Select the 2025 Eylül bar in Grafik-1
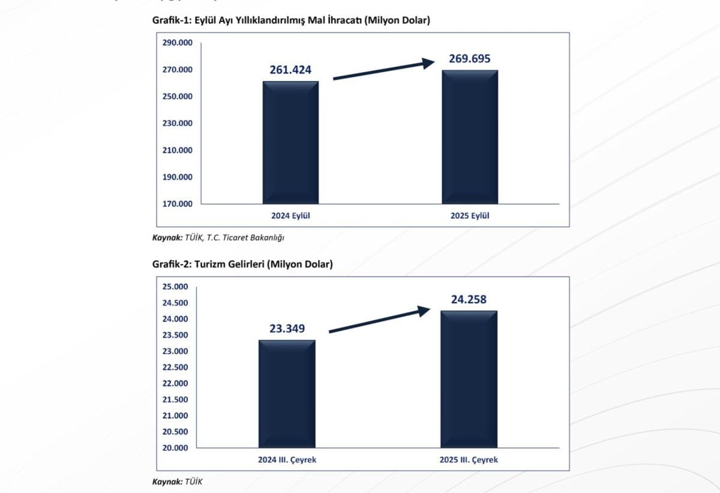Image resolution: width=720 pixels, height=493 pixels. click(x=470, y=138)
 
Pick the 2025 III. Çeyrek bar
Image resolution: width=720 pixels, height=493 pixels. click(x=469, y=379)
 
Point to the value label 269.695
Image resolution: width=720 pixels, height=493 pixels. click(x=470, y=59)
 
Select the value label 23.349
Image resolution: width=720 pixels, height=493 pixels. click(x=287, y=328)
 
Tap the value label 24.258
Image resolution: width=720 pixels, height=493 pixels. click(x=469, y=299)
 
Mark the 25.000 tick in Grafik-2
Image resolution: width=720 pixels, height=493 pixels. click(x=175, y=286)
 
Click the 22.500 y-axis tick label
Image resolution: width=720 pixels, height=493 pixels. click(x=175, y=367)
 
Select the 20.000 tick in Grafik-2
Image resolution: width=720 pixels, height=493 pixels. click(x=175, y=447)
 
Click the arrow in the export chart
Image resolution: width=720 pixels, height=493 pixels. click(x=384, y=70)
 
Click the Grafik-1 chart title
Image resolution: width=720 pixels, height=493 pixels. click(x=292, y=20)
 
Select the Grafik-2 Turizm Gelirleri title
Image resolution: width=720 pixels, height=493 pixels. click(x=242, y=264)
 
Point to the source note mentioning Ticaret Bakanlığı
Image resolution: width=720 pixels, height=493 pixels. click(x=218, y=237)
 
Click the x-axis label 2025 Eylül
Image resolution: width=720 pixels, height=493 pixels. click(x=470, y=216)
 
